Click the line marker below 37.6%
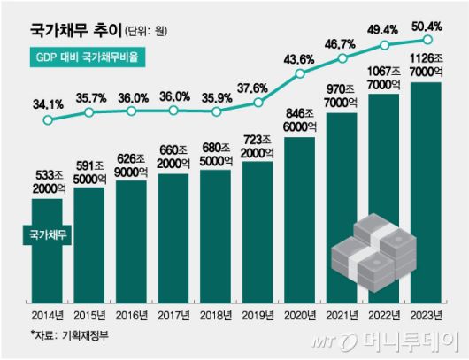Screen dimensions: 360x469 coord(258,103)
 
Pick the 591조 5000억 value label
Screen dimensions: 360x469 coord(88,171)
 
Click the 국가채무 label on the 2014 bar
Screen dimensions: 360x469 coord(45,233)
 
